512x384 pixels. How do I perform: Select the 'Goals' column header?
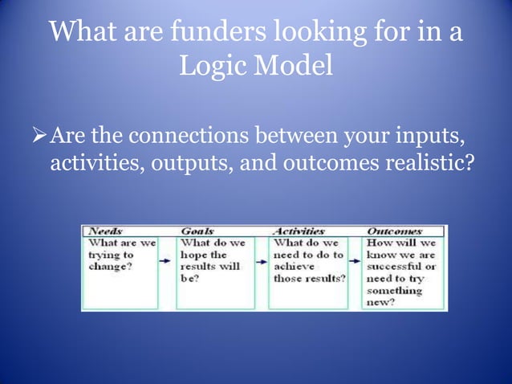click(197, 231)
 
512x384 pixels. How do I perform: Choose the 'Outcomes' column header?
click(393, 231)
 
